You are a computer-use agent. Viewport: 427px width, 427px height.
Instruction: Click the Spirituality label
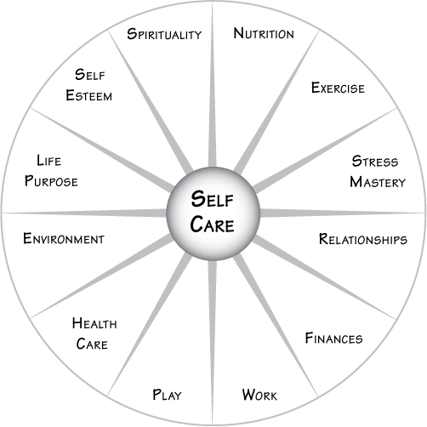coord(164,34)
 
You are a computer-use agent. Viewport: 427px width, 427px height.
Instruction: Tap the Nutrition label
coord(264,33)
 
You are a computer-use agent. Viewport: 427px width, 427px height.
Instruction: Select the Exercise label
coord(338,88)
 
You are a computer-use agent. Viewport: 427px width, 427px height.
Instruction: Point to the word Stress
coord(375,162)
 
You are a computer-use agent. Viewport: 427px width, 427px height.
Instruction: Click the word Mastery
coord(378,182)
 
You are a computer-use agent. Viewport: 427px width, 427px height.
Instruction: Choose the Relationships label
coord(363,239)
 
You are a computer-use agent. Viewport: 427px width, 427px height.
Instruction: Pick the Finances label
coord(333,338)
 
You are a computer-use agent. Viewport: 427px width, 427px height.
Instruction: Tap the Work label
coord(259,395)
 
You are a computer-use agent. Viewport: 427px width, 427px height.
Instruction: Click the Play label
coord(167,395)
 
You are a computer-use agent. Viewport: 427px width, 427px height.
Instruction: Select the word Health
coord(94,323)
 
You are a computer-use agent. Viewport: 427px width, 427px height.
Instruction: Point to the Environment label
coord(64,238)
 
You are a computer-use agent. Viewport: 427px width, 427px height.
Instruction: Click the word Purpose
coord(51,181)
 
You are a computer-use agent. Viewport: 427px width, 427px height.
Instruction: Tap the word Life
coord(48,161)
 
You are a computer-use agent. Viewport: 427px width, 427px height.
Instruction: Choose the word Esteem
coord(89,95)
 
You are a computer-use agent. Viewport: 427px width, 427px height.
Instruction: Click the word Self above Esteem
coord(90,75)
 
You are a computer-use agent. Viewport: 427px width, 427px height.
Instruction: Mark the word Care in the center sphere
coord(212,225)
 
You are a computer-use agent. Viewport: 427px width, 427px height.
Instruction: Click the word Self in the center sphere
coord(212,199)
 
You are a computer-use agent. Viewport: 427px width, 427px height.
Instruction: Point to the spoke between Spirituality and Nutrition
coord(213,84)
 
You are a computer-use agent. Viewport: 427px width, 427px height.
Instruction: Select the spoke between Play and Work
coord(213,343)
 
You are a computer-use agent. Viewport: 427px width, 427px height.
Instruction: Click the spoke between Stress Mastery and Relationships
coord(343,213)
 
